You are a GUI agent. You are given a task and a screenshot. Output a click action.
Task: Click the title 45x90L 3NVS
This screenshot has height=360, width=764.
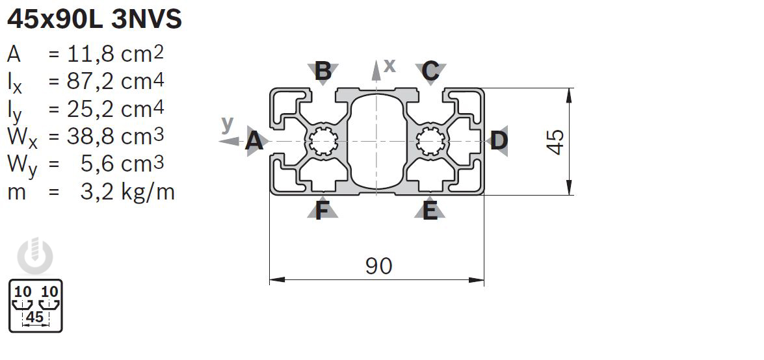coord(94,19)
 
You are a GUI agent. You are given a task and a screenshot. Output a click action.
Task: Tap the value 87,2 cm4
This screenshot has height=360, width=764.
coord(115,82)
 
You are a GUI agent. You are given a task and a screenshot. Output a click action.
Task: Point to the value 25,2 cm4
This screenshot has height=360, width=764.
coord(115,109)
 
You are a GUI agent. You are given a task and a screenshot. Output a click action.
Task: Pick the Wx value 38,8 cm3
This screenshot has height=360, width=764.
coord(115,136)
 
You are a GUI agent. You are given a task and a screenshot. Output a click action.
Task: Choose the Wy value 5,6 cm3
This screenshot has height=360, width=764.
coord(122,164)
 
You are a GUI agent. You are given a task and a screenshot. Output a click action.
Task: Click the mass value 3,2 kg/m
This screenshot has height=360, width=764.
coord(127,192)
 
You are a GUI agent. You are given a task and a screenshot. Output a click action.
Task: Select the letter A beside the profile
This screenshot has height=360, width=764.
coord(254,142)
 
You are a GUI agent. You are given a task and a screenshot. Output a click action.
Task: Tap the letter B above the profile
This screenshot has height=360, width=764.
coord(323,71)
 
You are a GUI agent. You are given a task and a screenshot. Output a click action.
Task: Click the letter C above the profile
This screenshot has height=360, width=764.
coord(430,71)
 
